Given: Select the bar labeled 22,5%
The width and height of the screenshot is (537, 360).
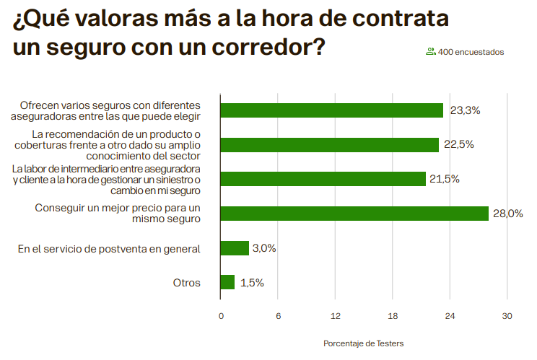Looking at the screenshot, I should [x=329, y=144].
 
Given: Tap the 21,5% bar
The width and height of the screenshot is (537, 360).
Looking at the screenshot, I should [x=323, y=179].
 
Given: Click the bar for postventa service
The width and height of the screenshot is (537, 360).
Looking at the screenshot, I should [x=235, y=248].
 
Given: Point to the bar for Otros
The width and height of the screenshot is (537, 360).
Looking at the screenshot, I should [x=227, y=282].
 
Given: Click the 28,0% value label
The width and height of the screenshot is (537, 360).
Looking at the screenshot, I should [x=507, y=214].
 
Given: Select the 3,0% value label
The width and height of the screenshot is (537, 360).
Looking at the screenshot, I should [x=264, y=248].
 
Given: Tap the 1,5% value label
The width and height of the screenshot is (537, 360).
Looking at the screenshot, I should [x=252, y=283].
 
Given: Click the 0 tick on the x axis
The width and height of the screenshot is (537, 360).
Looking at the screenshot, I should [x=221, y=316].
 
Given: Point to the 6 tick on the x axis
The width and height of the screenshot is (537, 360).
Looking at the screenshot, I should [x=278, y=316].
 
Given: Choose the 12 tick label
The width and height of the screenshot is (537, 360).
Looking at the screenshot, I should [x=335, y=316].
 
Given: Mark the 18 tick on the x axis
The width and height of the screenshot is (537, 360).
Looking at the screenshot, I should [x=393, y=316].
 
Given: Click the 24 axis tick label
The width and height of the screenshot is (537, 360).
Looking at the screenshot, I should [x=450, y=316].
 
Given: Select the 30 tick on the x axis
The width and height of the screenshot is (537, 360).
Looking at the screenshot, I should [x=507, y=316].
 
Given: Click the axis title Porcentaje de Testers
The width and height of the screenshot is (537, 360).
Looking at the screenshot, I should [x=363, y=343].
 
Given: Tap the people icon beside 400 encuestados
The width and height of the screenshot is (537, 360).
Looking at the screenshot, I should [x=430, y=51].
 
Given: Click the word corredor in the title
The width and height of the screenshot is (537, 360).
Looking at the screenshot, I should [x=249, y=48].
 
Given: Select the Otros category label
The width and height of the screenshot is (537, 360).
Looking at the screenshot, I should [x=186, y=283].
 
